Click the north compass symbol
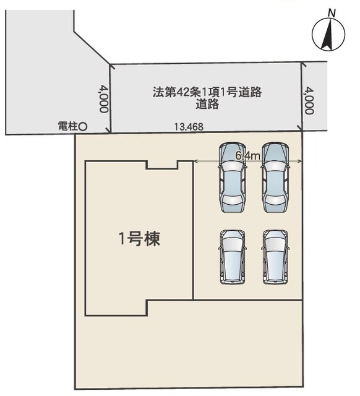pos(328,34)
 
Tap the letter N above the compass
pos(332,13)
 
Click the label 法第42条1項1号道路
pos(207,92)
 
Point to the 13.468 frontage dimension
pos(189,126)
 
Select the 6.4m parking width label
pos(247,156)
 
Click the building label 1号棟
pos(139,239)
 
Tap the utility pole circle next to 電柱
pos(83,126)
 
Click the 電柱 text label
pos(68,126)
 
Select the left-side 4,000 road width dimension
pos(104,99)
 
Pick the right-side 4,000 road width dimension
pos(309,100)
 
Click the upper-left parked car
pos(233,177)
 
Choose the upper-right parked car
pos(275,177)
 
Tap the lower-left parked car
pos(233,257)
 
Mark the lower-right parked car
pos(275,257)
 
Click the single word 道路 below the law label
pos(207,104)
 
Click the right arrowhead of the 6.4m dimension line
pos(300,161)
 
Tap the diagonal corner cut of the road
pos(92,47)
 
